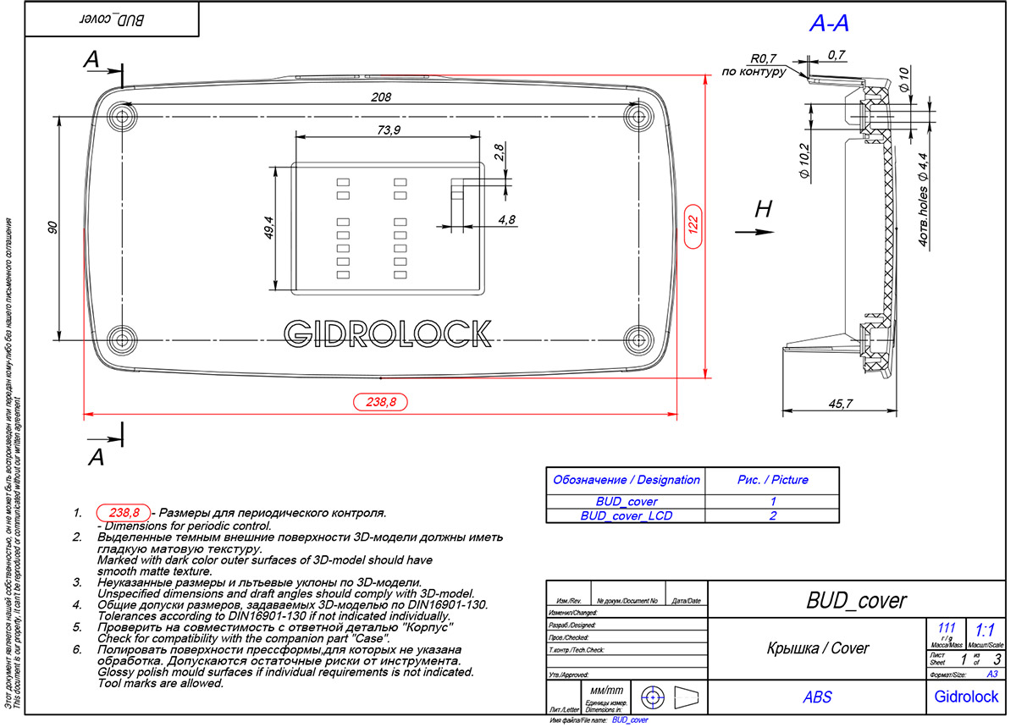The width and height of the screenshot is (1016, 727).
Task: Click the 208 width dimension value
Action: tap(381, 97)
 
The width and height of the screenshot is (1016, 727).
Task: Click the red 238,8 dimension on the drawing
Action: tap(380, 403)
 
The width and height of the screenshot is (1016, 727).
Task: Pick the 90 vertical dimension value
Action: tap(52, 228)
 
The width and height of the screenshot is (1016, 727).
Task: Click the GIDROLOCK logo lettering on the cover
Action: tap(388, 333)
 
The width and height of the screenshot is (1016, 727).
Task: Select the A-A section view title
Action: tap(829, 25)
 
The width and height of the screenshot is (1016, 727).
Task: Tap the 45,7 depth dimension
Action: tap(839, 405)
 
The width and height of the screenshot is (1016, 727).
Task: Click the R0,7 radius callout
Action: tap(764, 58)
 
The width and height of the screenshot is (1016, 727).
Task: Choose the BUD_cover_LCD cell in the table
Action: tap(626, 515)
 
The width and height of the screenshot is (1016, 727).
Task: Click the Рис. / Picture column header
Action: tap(772, 480)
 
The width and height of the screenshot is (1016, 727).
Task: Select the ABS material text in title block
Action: tap(817, 697)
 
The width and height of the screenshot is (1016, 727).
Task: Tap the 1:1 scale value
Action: tap(985, 630)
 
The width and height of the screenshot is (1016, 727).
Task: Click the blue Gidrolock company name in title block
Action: tap(966, 697)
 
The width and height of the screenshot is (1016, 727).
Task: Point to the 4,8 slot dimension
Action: tap(507, 219)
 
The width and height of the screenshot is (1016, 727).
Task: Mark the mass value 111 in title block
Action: tap(947, 628)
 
